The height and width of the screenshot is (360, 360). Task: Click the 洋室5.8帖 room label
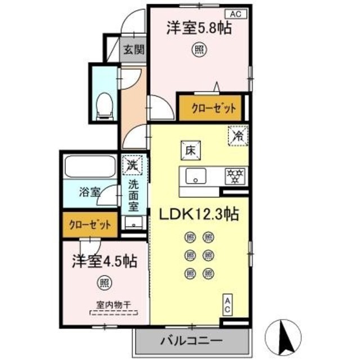(199, 29)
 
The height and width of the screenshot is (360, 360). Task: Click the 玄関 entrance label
(133, 49)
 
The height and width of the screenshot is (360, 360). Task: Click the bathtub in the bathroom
(91, 166)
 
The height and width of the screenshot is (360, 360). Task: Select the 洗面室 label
(133, 194)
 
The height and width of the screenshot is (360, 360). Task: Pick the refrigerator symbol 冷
(237, 136)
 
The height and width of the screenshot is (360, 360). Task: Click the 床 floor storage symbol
(188, 150)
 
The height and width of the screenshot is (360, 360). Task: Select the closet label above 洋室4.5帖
(90, 224)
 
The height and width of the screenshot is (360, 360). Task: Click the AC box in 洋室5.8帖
(236, 13)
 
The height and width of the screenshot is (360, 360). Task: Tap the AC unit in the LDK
(228, 307)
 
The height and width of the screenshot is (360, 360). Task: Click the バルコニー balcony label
(191, 341)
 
